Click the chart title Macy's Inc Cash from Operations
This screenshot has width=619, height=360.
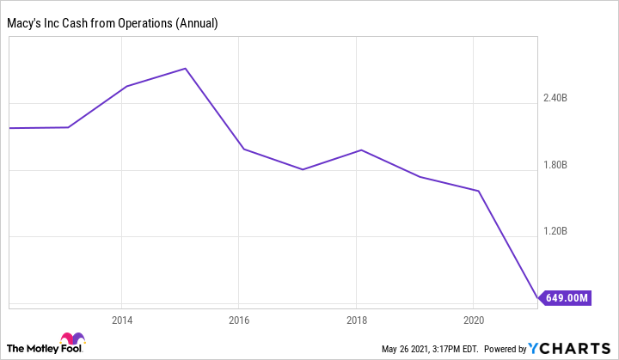[x=113, y=23]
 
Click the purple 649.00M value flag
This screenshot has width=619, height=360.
[x=564, y=298]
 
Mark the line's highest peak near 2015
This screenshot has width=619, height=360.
[x=186, y=68]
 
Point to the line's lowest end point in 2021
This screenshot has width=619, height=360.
[x=537, y=298]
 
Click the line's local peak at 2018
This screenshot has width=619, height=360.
[x=361, y=150]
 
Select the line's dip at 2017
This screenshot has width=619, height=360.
[x=303, y=169]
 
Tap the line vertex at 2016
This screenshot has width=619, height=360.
[x=244, y=149]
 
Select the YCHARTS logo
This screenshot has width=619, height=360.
[x=571, y=348]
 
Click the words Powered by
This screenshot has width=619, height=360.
[x=506, y=349]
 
